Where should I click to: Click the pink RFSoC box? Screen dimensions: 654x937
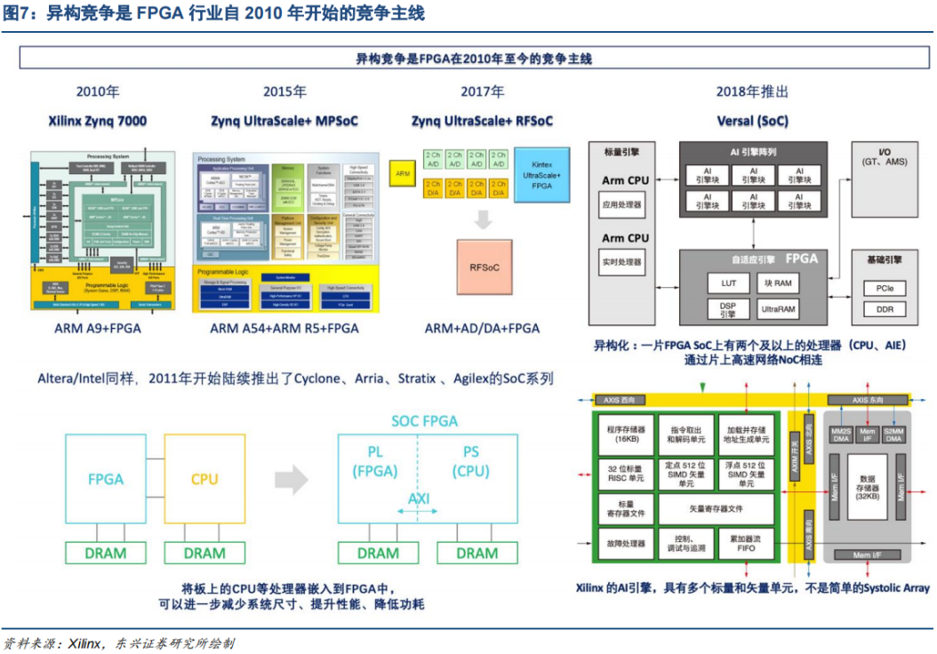coord(484,267)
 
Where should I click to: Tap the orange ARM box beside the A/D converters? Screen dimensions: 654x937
coord(403,174)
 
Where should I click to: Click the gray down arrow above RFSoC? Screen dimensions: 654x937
coord(484,219)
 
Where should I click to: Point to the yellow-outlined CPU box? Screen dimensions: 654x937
coord(204,480)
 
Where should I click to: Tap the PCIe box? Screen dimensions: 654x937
coord(885,289)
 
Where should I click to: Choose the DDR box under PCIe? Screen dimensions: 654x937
coord(885,310)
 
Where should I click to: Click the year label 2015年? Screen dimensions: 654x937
coord(284,92)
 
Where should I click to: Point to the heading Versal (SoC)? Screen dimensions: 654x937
coord(752,120)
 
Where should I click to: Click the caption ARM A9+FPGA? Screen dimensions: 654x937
coord(98,328)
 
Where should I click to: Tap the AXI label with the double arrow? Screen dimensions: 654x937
coord(419,500)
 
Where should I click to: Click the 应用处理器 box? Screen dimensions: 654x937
coord(623,204)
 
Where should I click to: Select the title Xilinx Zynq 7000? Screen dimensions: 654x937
coord(98,120)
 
